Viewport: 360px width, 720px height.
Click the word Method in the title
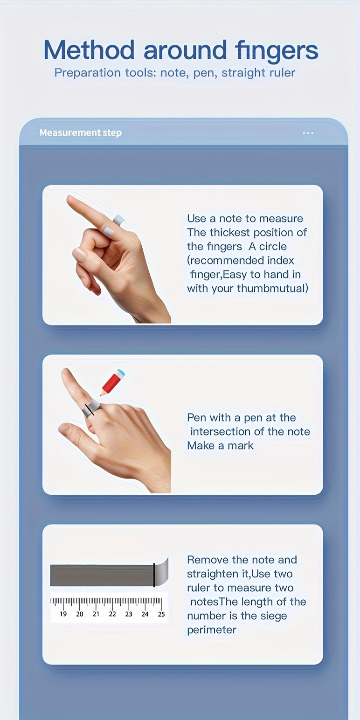coord(89,50)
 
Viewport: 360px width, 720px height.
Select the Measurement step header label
coord(81,133)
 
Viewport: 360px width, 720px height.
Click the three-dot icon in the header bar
coord(308,133)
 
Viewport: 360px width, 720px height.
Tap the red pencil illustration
coord(112,382)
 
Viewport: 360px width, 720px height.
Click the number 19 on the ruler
coord(63,614)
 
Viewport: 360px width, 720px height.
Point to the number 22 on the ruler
coord(112,614)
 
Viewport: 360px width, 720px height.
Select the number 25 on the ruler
coord(161,614)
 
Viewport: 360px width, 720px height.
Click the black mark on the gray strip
coord(154,575)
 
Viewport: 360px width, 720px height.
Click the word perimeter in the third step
coord(212,630)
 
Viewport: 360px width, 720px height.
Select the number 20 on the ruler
coord(79,614)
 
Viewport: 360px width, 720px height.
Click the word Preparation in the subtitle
coord(87,73)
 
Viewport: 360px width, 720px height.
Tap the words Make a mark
coord(220,445)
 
